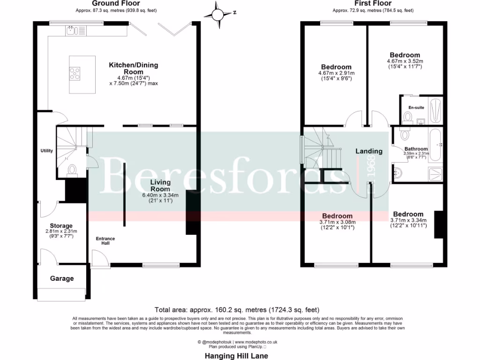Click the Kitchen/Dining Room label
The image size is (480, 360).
tap(134, 68)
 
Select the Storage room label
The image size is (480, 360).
tap(61, 225)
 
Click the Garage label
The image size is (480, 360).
tap(62, 278)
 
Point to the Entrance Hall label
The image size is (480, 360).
tap(105, 241)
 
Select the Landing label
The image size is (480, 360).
tap(369, 151)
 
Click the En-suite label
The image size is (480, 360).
tap(416, 107)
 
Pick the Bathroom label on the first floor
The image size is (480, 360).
tap(416, 149)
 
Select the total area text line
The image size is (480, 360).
tap(237, 310)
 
